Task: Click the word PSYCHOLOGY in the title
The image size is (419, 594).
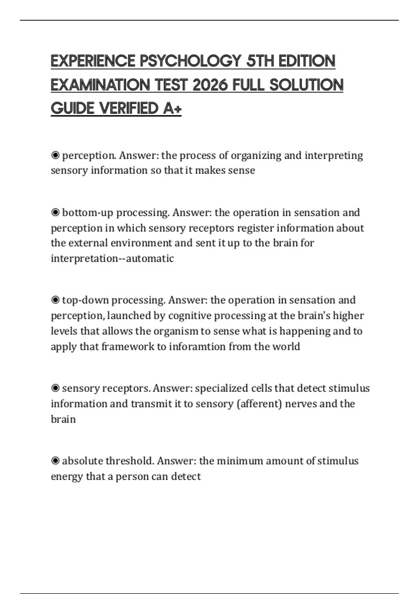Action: click(190, 61)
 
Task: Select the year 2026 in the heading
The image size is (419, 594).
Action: click(210, 85)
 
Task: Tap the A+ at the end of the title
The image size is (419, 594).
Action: click(172, 108)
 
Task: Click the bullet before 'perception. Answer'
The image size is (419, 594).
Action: click(55, 155)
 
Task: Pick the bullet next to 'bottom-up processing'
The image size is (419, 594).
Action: click(55, 212)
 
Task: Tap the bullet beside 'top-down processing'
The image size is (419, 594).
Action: click(55, 300)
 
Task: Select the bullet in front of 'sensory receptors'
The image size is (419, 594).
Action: click(55, 388)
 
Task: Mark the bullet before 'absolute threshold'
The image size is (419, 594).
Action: click(55, 461)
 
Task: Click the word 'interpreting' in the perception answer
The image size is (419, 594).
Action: click(334, 155)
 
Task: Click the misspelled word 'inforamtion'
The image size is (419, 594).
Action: click(197, 347)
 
